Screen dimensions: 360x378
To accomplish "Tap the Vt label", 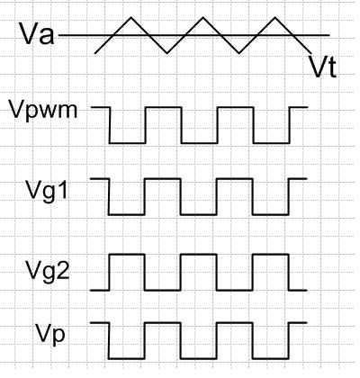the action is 323,67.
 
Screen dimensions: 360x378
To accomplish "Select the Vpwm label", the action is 43,111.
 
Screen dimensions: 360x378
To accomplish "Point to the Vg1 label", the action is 47,191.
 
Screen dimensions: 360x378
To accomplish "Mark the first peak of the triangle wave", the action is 131,17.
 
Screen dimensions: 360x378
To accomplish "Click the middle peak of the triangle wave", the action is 203,17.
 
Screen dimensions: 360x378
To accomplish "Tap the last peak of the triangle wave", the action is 275,17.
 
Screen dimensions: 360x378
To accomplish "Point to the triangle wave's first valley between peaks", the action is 167,53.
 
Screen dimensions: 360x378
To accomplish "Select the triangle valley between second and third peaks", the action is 239,53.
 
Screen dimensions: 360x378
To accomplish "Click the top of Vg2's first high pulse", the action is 127,255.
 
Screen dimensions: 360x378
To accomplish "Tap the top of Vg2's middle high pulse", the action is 199,255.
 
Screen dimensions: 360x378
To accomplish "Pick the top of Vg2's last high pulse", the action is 271,255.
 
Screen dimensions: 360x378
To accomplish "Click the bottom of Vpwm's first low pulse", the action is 128,143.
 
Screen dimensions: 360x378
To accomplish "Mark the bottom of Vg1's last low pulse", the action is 271,215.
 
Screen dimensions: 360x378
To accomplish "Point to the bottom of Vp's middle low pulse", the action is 199,358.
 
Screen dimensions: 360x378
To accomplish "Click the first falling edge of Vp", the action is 109,340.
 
